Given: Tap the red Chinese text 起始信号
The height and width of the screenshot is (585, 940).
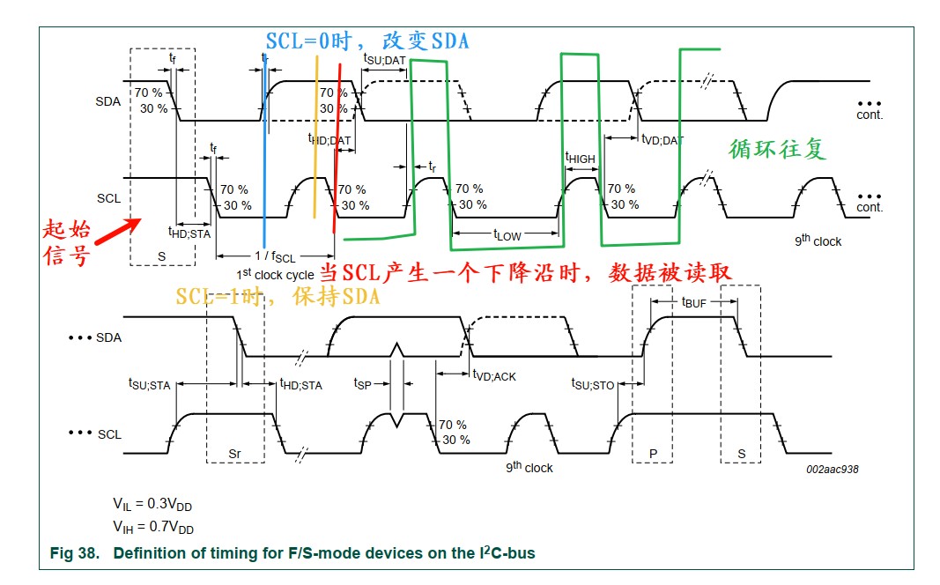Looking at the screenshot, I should tap(66, 244).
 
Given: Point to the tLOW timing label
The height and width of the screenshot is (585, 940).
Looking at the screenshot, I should tap(507, 235).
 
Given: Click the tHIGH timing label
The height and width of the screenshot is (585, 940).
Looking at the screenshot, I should tap(580, 158).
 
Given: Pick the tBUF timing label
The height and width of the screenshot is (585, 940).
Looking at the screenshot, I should tap(694, 301).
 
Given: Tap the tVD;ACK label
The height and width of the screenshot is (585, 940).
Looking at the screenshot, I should tap(494, 375).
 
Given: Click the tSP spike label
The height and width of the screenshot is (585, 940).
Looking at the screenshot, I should tap(364, 383).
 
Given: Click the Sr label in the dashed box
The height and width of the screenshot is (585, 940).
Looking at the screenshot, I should tap(234, 453).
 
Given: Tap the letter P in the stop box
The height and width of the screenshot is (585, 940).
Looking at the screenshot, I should tap(653, 453).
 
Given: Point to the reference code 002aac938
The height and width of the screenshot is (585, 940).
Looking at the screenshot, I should tap(832, 470).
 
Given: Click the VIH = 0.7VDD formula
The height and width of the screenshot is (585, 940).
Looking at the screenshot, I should tap(152, 528).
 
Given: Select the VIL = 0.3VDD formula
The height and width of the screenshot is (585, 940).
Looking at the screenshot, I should tap(152, 504).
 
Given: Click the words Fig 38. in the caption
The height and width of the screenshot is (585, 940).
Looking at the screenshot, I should tap(73, 553).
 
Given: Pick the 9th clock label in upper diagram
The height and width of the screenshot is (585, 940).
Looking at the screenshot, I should tap(818, 241).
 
